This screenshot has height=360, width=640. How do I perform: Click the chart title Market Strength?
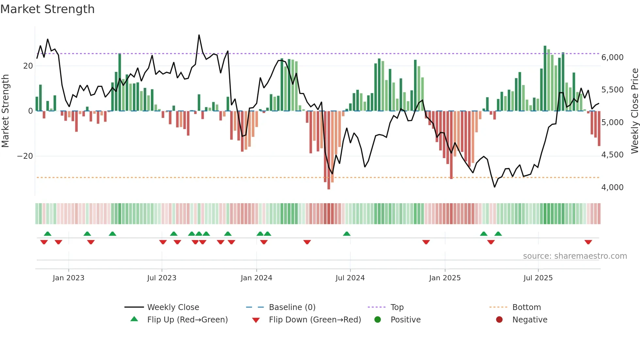coord(47,9)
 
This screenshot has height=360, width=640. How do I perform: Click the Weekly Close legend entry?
coord(173,307)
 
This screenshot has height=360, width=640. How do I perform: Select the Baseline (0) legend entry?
coord(292,307)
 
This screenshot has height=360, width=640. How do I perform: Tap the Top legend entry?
coord(397,307)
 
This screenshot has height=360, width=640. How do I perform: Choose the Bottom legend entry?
coord(526,307)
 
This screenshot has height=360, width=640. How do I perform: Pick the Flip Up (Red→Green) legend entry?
coord(187,319)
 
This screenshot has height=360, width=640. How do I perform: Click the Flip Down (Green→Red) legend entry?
coord(314,319)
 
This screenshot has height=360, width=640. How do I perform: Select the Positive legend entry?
coord(405,319)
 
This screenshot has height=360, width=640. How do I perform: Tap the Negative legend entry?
coord(529,319)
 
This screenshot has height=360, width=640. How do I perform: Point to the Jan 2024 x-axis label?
coord(256,278)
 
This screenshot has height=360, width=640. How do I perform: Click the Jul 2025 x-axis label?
coord(538,278)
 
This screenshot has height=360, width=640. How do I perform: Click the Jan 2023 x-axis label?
coord(69,278)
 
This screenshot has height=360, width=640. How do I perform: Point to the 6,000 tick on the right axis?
coord(612,57)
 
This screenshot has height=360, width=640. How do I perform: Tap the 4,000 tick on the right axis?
coord(612,188)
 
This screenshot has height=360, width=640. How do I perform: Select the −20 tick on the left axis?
coord(25,156)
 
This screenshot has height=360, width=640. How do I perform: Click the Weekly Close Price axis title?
coord(634,111)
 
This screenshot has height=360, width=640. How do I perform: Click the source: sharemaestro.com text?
coord(575,256)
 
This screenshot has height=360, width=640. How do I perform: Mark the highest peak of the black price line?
coord(199,35)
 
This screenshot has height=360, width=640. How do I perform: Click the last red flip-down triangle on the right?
coord(588,242)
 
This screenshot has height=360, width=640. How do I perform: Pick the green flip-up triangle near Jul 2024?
coord(347,234)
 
